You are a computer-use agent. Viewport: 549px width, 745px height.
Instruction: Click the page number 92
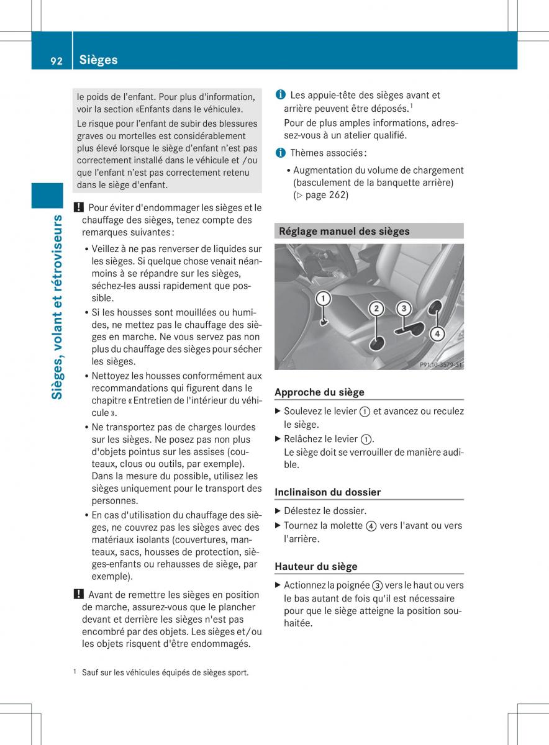tap(56, 60)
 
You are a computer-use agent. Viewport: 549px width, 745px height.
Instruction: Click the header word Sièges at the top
tap(98, 60)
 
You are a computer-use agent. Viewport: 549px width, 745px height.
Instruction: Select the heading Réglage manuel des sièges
tap(344, 231)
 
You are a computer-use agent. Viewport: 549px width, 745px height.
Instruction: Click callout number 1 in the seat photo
tap(323, 299)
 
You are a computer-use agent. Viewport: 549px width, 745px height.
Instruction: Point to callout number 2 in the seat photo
tap(376, 309)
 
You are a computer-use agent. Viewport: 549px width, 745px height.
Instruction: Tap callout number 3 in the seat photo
tap(404, 308)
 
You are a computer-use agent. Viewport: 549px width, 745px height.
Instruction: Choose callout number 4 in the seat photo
tap(437, 333)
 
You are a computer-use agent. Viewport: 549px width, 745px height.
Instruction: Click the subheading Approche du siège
tap(319, 392)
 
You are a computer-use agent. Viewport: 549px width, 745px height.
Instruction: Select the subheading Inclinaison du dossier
tap(327, 492)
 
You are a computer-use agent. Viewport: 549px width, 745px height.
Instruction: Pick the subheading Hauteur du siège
tap(315, 566)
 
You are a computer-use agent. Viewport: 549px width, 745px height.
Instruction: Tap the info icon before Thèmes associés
tap(281, 153)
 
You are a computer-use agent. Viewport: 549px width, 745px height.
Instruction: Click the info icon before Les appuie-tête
tap(281, 95)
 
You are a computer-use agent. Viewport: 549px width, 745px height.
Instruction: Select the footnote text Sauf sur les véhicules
tap(165, 672)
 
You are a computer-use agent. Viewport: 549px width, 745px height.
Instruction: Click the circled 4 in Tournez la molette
tap(371, 526)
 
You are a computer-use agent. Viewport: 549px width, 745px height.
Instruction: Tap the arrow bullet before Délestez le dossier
tap(278, 511)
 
